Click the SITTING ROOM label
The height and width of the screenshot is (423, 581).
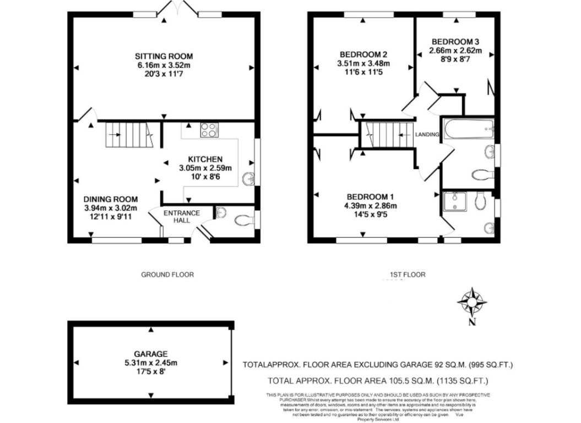tap(164, 56)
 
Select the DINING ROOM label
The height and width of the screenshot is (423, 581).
tap(110, 199)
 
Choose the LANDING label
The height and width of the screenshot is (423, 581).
tap(427, 134)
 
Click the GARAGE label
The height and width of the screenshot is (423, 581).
tap(150, 353)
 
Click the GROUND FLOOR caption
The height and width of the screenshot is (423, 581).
tap(167, 274)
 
